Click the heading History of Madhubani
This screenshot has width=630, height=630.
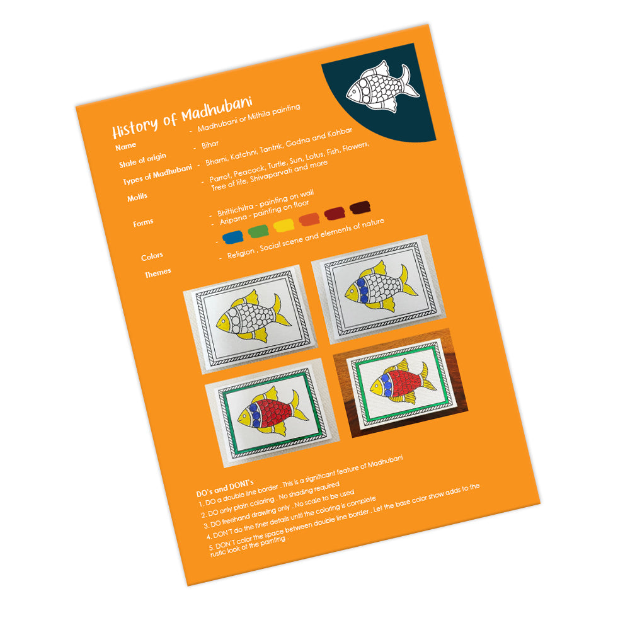182,117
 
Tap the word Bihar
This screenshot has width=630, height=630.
210,144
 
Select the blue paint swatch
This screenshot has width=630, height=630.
232,237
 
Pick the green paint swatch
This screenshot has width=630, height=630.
258,231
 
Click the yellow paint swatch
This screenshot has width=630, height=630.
283,225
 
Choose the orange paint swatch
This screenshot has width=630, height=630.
309,219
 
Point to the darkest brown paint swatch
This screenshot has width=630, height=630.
360,207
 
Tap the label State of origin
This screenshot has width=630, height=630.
142,160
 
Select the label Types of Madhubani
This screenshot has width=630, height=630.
157,175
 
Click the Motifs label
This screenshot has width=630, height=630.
137,197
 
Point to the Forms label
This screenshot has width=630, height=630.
143,222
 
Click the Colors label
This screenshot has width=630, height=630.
152,256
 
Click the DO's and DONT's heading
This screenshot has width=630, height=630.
225,488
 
